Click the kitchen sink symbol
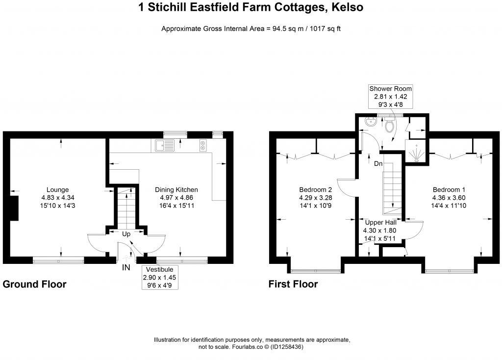point(164,145)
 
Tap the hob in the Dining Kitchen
point(202,145)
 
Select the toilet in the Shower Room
point(391,126)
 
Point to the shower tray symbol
point(416,153)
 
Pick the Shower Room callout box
point(390,97)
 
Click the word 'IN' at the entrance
point(126,268)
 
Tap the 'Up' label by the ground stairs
point(126,234)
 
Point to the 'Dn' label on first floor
point(378,164)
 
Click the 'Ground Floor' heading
point(34,284)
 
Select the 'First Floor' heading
point(293,284)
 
